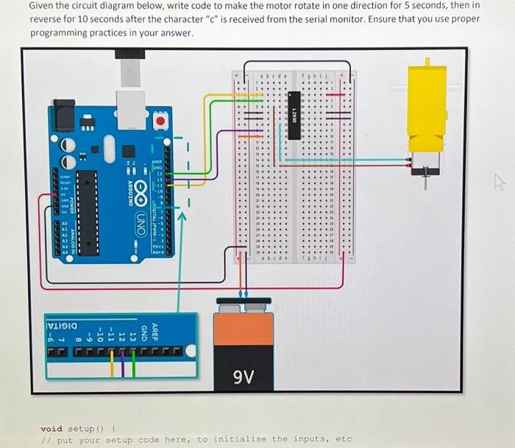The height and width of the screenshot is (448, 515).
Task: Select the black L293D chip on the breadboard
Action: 294,115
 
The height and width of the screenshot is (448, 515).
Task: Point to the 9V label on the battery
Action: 244,377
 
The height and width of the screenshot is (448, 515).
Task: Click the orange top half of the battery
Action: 244,328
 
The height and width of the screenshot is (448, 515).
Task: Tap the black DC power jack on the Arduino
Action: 65,116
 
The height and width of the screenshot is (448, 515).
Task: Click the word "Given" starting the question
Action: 43,5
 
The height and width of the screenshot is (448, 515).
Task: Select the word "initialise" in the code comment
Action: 239,439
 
